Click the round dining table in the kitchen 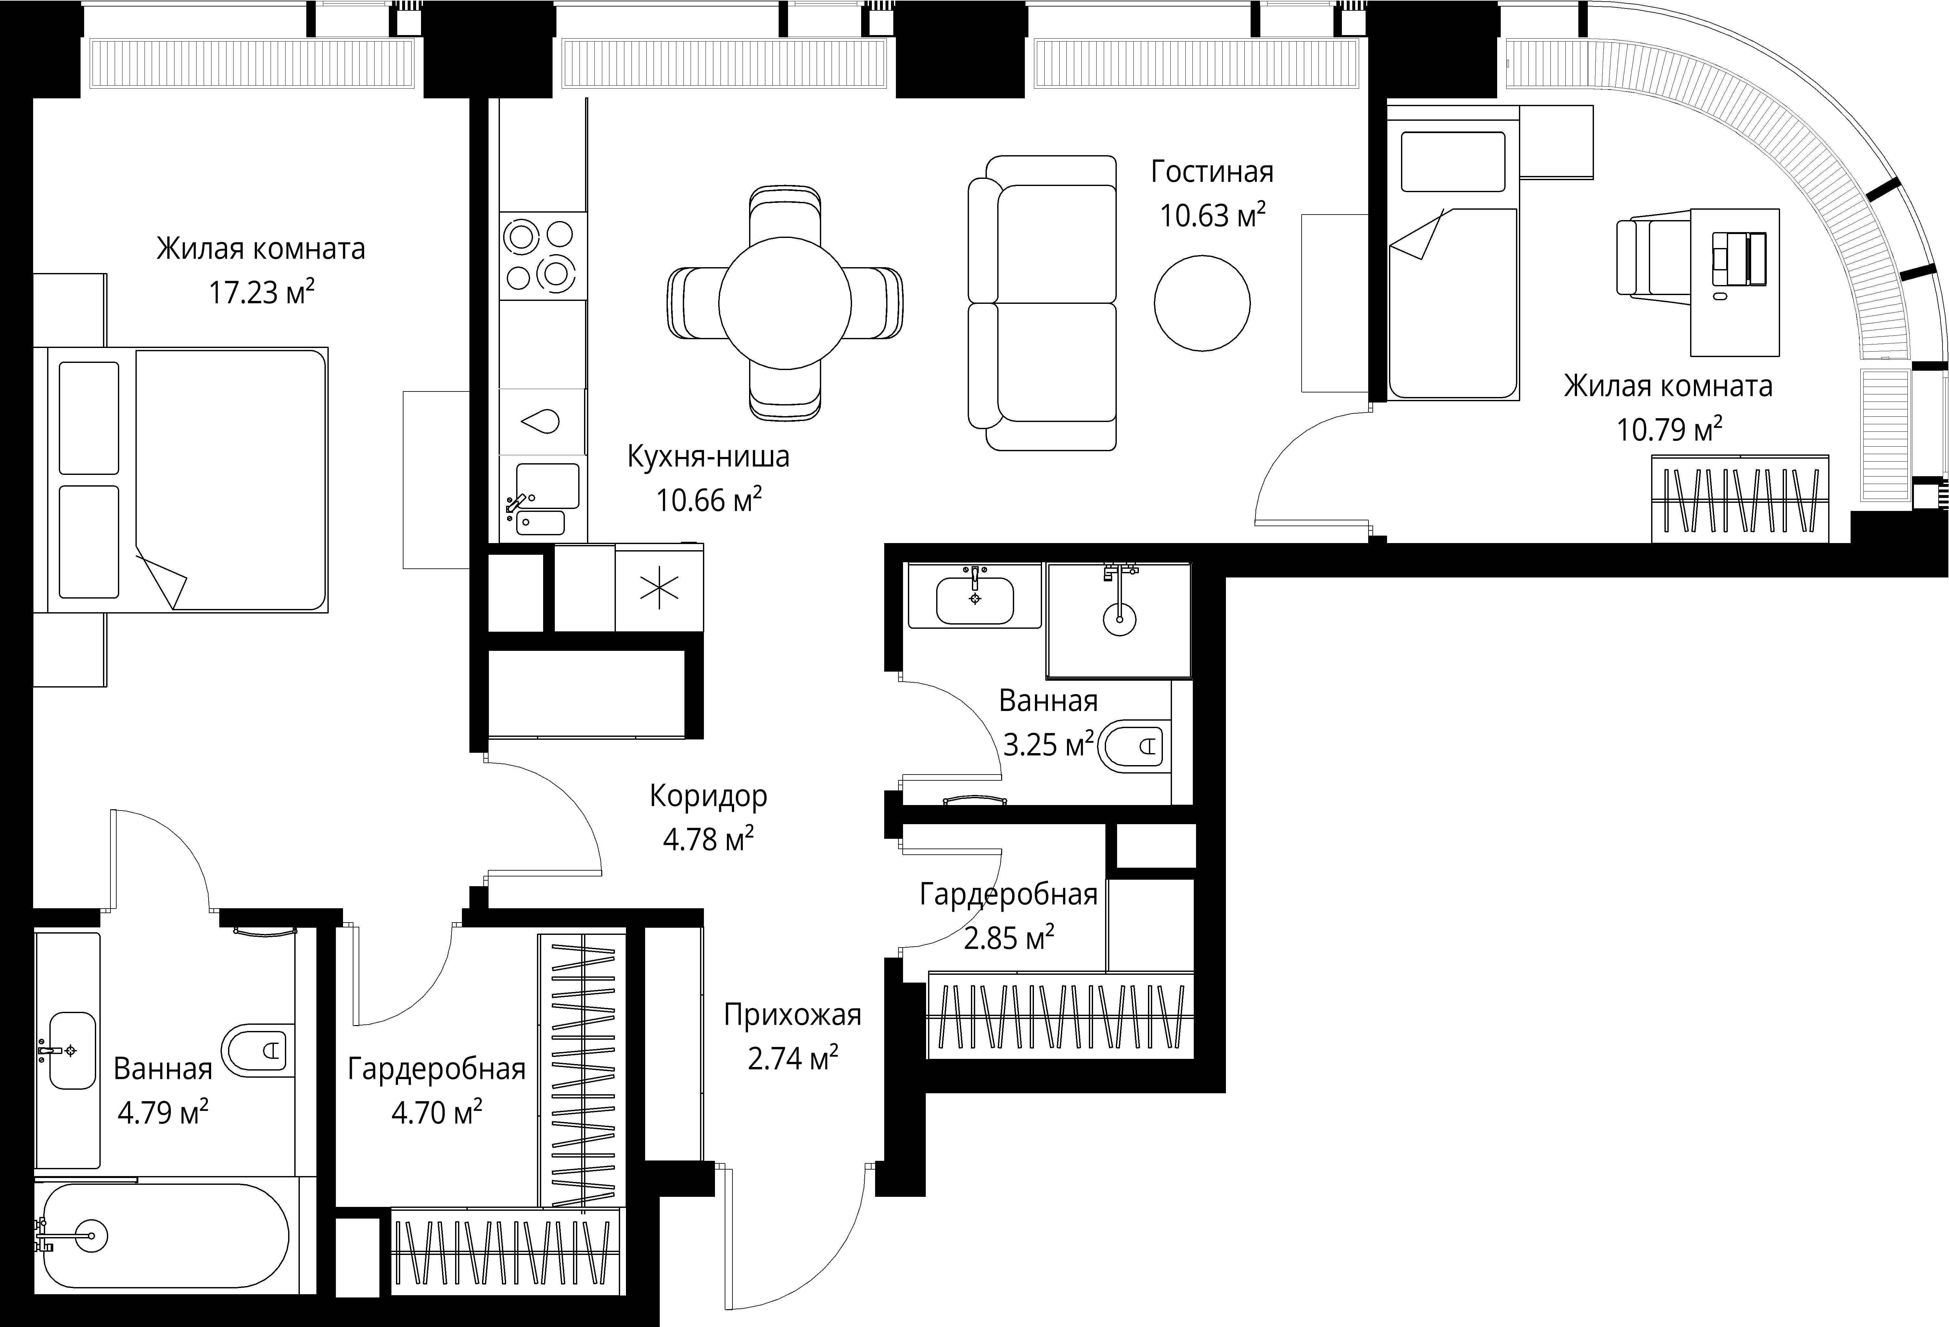pyautogui.click(x=785, y=302)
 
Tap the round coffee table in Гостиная pyautogui.click(x=1202, y=304)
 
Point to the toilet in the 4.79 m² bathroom pyautogui.click(x=258, y=1049)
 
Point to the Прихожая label pyautogui.click(x=793, y=1015)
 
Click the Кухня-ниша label pyautogui.click(x=709, y=457)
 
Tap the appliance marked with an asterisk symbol pyautogui.click(x=659, y=588)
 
